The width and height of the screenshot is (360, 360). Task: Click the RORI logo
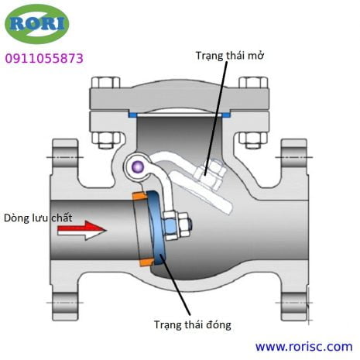coord(37,24)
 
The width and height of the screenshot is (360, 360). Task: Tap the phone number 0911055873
coord(44,58)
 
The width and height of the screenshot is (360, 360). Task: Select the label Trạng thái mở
coord(230,56)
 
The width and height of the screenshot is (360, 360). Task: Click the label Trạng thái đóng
coord(193,324)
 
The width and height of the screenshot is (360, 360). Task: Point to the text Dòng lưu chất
coord(38,218)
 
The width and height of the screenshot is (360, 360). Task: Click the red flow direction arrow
coord(82,230)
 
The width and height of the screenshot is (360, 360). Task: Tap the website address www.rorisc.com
coord(303,347)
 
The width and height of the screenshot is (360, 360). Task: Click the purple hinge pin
coord(137,167)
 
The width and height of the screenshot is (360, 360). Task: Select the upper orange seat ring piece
coord(140,197)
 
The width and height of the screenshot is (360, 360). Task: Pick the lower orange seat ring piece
coord(146,262)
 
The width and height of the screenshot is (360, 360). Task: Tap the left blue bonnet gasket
coord(132,114)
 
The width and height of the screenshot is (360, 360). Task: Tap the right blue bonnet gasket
coord(226,114)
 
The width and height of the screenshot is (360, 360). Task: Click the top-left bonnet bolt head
coord(106,82)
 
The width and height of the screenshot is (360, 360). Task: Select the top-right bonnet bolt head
coord(253,82)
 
